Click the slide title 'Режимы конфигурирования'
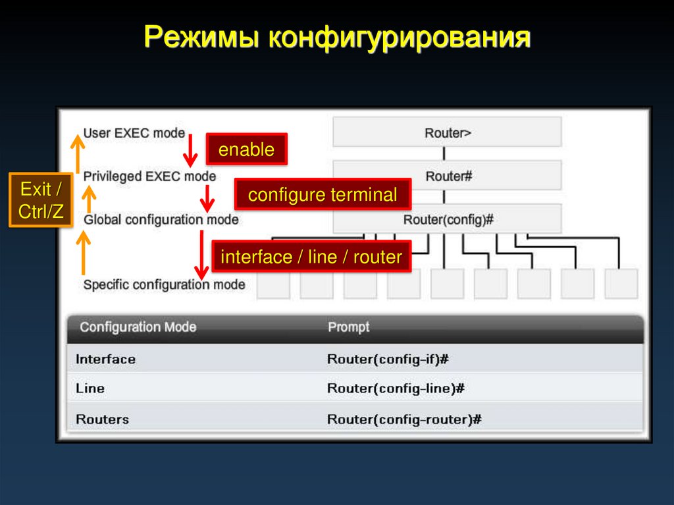click(336, 38)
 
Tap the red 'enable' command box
click(246, 149)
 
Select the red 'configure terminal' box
click(323, 195)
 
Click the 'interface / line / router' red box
click(311, 257)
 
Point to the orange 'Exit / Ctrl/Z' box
click(41, 200)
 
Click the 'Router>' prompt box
click(447, 132)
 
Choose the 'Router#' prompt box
click(447, 176)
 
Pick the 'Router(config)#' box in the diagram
click(447, 219)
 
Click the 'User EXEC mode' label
click(134, 133)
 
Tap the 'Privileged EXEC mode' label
click(149, 176)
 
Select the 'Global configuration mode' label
click(161, 219)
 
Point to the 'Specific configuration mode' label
click(164, 284)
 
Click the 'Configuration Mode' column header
click(138, 327)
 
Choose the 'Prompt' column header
click(349, 327)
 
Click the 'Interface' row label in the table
click(106, 359)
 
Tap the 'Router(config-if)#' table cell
click(388, 359)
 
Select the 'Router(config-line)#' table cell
click(396, 388)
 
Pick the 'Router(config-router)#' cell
click(404, 419)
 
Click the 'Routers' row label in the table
click(103, 419)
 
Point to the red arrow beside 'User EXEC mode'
click(190, 150)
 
